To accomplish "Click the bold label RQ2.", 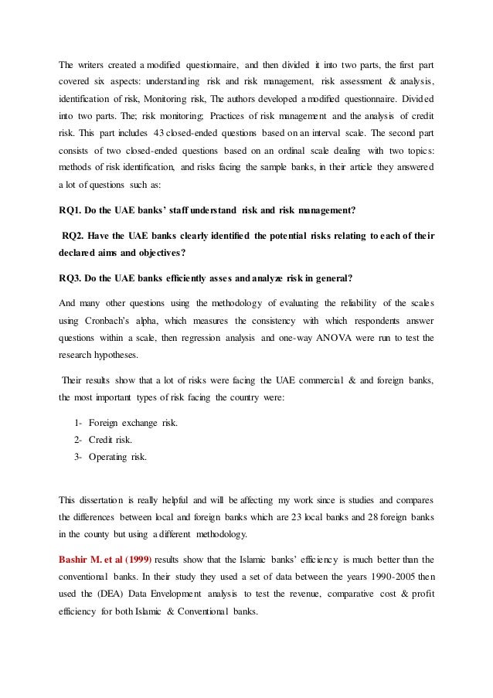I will point(75,235).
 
